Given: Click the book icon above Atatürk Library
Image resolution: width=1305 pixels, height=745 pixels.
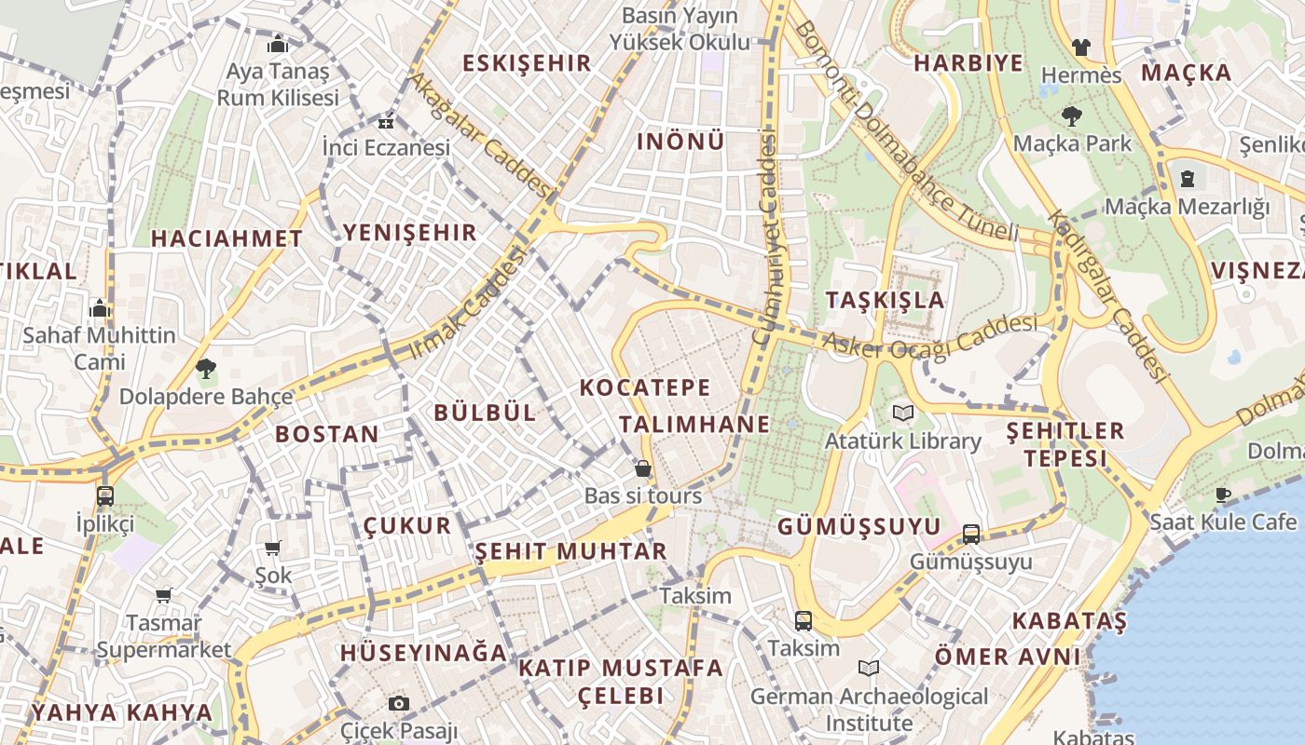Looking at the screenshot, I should [x=902, y=413].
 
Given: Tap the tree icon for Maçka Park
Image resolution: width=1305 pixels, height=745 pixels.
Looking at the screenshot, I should [x=1071, y=116].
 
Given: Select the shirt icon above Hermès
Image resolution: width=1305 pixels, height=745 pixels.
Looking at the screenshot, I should [x=1080, y=47].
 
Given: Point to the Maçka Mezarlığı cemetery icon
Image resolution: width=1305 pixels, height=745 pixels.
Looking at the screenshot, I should [x=1188, y=178].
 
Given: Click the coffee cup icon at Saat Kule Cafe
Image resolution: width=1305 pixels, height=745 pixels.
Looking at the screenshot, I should [x=1223, y=494].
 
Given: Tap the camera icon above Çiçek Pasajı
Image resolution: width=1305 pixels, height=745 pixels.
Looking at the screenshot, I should [x=399, y=703].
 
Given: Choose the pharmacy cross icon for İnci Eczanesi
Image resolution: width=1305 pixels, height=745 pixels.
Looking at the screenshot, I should [x=385, y=122].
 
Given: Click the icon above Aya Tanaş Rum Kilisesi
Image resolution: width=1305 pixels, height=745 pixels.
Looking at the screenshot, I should [x=278, y=44].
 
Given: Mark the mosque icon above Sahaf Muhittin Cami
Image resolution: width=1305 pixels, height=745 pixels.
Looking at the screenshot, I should [x=99, y=308].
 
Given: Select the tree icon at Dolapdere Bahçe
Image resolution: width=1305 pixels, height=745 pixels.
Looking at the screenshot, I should [x=205, y=369].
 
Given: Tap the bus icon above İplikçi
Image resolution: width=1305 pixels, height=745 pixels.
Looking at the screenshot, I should [x=104, y=495].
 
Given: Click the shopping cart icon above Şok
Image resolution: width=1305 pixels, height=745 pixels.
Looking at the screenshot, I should [x=273, y=548].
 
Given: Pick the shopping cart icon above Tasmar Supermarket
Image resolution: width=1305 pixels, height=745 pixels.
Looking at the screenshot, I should [x=163, y=595].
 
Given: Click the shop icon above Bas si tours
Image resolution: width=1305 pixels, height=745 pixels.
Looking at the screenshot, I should [x=642, y=467].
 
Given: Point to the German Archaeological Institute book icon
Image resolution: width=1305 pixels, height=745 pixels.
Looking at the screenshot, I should [x=868, y=668].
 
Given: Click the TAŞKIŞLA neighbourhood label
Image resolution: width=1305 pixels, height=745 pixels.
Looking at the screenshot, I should [x=885, y=300].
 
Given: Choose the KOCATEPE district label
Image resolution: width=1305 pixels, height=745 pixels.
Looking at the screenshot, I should [x=644, y=387].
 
